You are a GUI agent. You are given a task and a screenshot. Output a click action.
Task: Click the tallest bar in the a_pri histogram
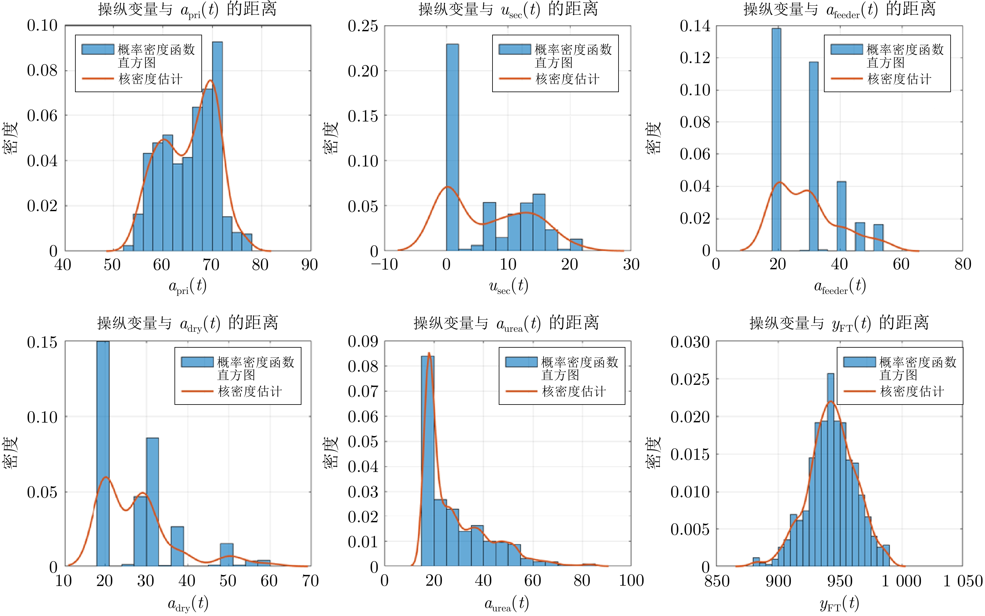click(217, 147)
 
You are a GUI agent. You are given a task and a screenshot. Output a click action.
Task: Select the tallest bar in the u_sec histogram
click(452, 147)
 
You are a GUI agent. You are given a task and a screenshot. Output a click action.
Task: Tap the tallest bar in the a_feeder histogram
click(776, 138)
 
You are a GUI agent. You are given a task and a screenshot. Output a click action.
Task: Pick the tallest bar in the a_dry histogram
click(103, 452)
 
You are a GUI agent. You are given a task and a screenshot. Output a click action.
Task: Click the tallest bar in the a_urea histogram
click(427, 460)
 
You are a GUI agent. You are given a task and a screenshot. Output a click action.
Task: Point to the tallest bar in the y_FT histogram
click(831, 469)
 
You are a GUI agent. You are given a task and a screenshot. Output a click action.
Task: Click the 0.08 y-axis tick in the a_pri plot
click(42, 71)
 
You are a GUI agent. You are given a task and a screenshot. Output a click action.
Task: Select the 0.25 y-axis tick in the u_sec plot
click(363, 26)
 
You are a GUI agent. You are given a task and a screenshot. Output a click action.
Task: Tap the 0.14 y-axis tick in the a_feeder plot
click(695, 26)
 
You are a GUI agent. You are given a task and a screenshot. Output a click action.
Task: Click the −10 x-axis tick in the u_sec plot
click(384, 265)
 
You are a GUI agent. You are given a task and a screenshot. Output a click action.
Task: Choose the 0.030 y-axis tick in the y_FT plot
click(690, 342)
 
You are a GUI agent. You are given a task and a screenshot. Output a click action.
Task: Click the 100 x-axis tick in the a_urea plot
click(631, 581)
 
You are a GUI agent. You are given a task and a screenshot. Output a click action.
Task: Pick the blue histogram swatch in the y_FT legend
click(859, 362)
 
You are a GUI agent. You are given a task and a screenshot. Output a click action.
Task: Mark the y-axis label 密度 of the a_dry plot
click(11, 452)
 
